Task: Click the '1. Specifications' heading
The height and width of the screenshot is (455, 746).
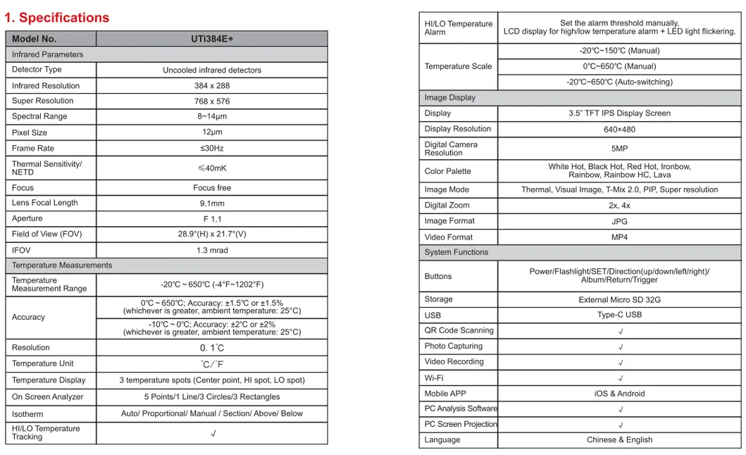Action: [57, 18]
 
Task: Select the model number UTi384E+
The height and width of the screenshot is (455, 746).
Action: [212, 39]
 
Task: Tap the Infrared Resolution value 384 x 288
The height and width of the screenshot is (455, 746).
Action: [212, 86]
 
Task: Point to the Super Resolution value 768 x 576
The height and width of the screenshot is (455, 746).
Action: [212, 101]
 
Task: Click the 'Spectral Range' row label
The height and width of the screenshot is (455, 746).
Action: [39, 116]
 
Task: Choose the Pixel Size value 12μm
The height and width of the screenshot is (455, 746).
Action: [212, 132]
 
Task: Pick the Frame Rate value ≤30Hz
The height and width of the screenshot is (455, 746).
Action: [212, 149]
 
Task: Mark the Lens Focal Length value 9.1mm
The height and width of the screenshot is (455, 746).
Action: [212, 204]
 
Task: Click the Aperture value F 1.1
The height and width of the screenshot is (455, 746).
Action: [212, 219]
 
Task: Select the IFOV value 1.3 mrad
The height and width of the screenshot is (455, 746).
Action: [212, 250]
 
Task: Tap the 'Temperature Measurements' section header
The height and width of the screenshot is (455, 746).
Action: [62, 266]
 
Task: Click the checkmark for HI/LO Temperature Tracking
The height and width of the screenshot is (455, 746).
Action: [213, 434]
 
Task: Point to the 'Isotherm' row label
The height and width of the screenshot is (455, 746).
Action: [27, 414]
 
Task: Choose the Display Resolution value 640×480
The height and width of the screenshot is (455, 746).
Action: [619, 130]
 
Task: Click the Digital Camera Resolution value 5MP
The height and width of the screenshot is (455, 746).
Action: [619, 149]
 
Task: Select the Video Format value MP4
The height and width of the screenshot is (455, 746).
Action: [619, 237]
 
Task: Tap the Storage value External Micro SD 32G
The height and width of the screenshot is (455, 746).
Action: [619, 300]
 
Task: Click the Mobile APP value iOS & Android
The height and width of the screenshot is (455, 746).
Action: [619, 394]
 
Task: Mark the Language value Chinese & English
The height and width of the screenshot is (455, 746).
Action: [619, 440]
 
